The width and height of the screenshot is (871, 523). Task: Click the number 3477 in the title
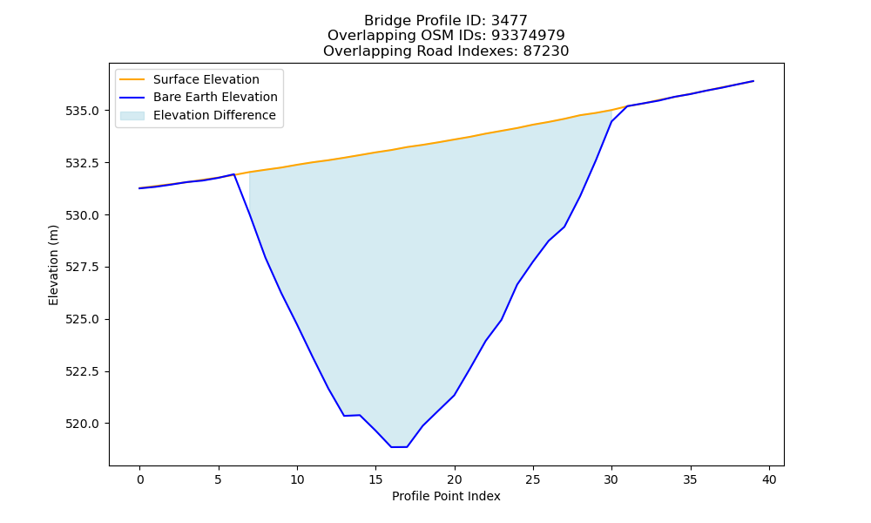point(510,21)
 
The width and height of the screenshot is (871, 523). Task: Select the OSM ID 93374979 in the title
point(528,36)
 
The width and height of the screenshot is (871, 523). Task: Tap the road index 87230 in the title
point(546,51)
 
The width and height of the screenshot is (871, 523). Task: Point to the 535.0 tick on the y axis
point(83,111)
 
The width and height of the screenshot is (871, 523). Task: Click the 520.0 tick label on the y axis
point(83,424)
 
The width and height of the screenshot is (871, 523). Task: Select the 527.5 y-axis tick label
point(83,268)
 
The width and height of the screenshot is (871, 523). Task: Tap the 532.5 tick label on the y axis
point(83,163)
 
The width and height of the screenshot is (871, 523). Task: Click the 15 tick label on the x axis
point(376,479)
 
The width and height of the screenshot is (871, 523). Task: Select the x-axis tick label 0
point(140,479)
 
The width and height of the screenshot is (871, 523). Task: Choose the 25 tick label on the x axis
point(533,479)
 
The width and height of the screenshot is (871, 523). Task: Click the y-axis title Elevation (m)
point(53,265)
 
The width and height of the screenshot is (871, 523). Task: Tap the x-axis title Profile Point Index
point(446,496)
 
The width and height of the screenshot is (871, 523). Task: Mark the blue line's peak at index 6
point(233,174)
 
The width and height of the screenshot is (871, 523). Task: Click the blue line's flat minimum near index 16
point(400,447)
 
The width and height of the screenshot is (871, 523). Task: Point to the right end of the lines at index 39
point(753,81)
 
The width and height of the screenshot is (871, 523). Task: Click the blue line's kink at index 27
point(564,227)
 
